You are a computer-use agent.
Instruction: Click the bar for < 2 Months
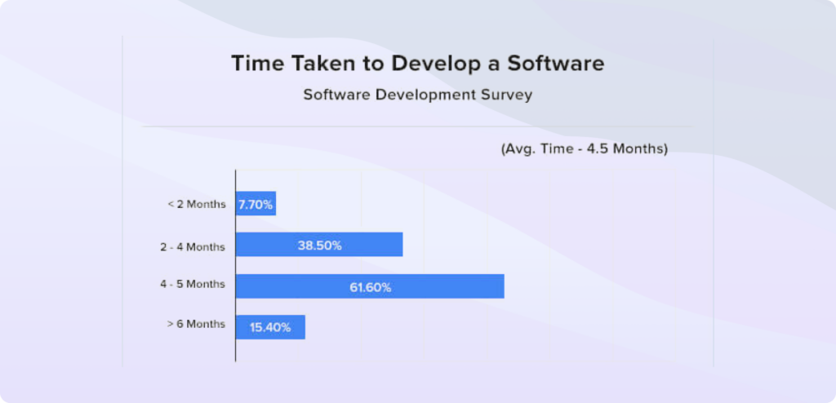click(x=256, y=203)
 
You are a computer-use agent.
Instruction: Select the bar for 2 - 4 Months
click(x=319, y=245)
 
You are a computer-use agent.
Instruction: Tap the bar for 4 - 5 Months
click(x=370, y=286)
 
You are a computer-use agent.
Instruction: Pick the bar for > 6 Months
click(x=270, y=327)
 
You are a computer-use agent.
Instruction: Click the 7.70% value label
click(x=256, y=204)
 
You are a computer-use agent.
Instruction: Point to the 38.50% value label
click(x=319, y=245)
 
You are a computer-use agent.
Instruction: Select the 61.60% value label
click(x=371, y=286)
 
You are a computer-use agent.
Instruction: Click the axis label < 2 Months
click(x=196, y=204)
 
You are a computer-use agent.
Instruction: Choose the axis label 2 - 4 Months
click(x=193, y=245)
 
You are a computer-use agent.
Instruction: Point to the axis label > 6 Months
click(x=196, y=324)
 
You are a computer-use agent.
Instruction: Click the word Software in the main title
click(x=555, y=64)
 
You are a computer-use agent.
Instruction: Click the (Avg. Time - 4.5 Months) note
click(x=584, y=149)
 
